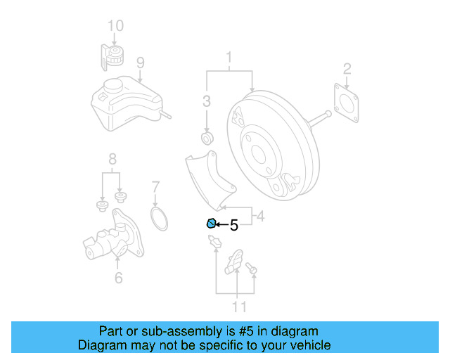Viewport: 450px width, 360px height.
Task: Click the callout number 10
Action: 115,26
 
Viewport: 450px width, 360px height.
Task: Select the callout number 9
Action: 140,63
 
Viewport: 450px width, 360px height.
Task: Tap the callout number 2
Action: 347,68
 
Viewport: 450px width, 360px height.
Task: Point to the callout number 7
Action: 156,188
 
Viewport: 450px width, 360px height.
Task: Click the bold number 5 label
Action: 234,226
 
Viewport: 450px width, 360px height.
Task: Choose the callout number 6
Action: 118,278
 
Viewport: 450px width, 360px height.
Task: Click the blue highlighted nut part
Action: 210,224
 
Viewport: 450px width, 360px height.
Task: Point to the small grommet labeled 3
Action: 207,134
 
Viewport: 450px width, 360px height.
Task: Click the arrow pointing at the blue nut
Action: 221,225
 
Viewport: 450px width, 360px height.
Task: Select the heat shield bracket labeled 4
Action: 208,180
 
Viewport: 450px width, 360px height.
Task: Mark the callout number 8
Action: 111,158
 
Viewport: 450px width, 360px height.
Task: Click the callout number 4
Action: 260,217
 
